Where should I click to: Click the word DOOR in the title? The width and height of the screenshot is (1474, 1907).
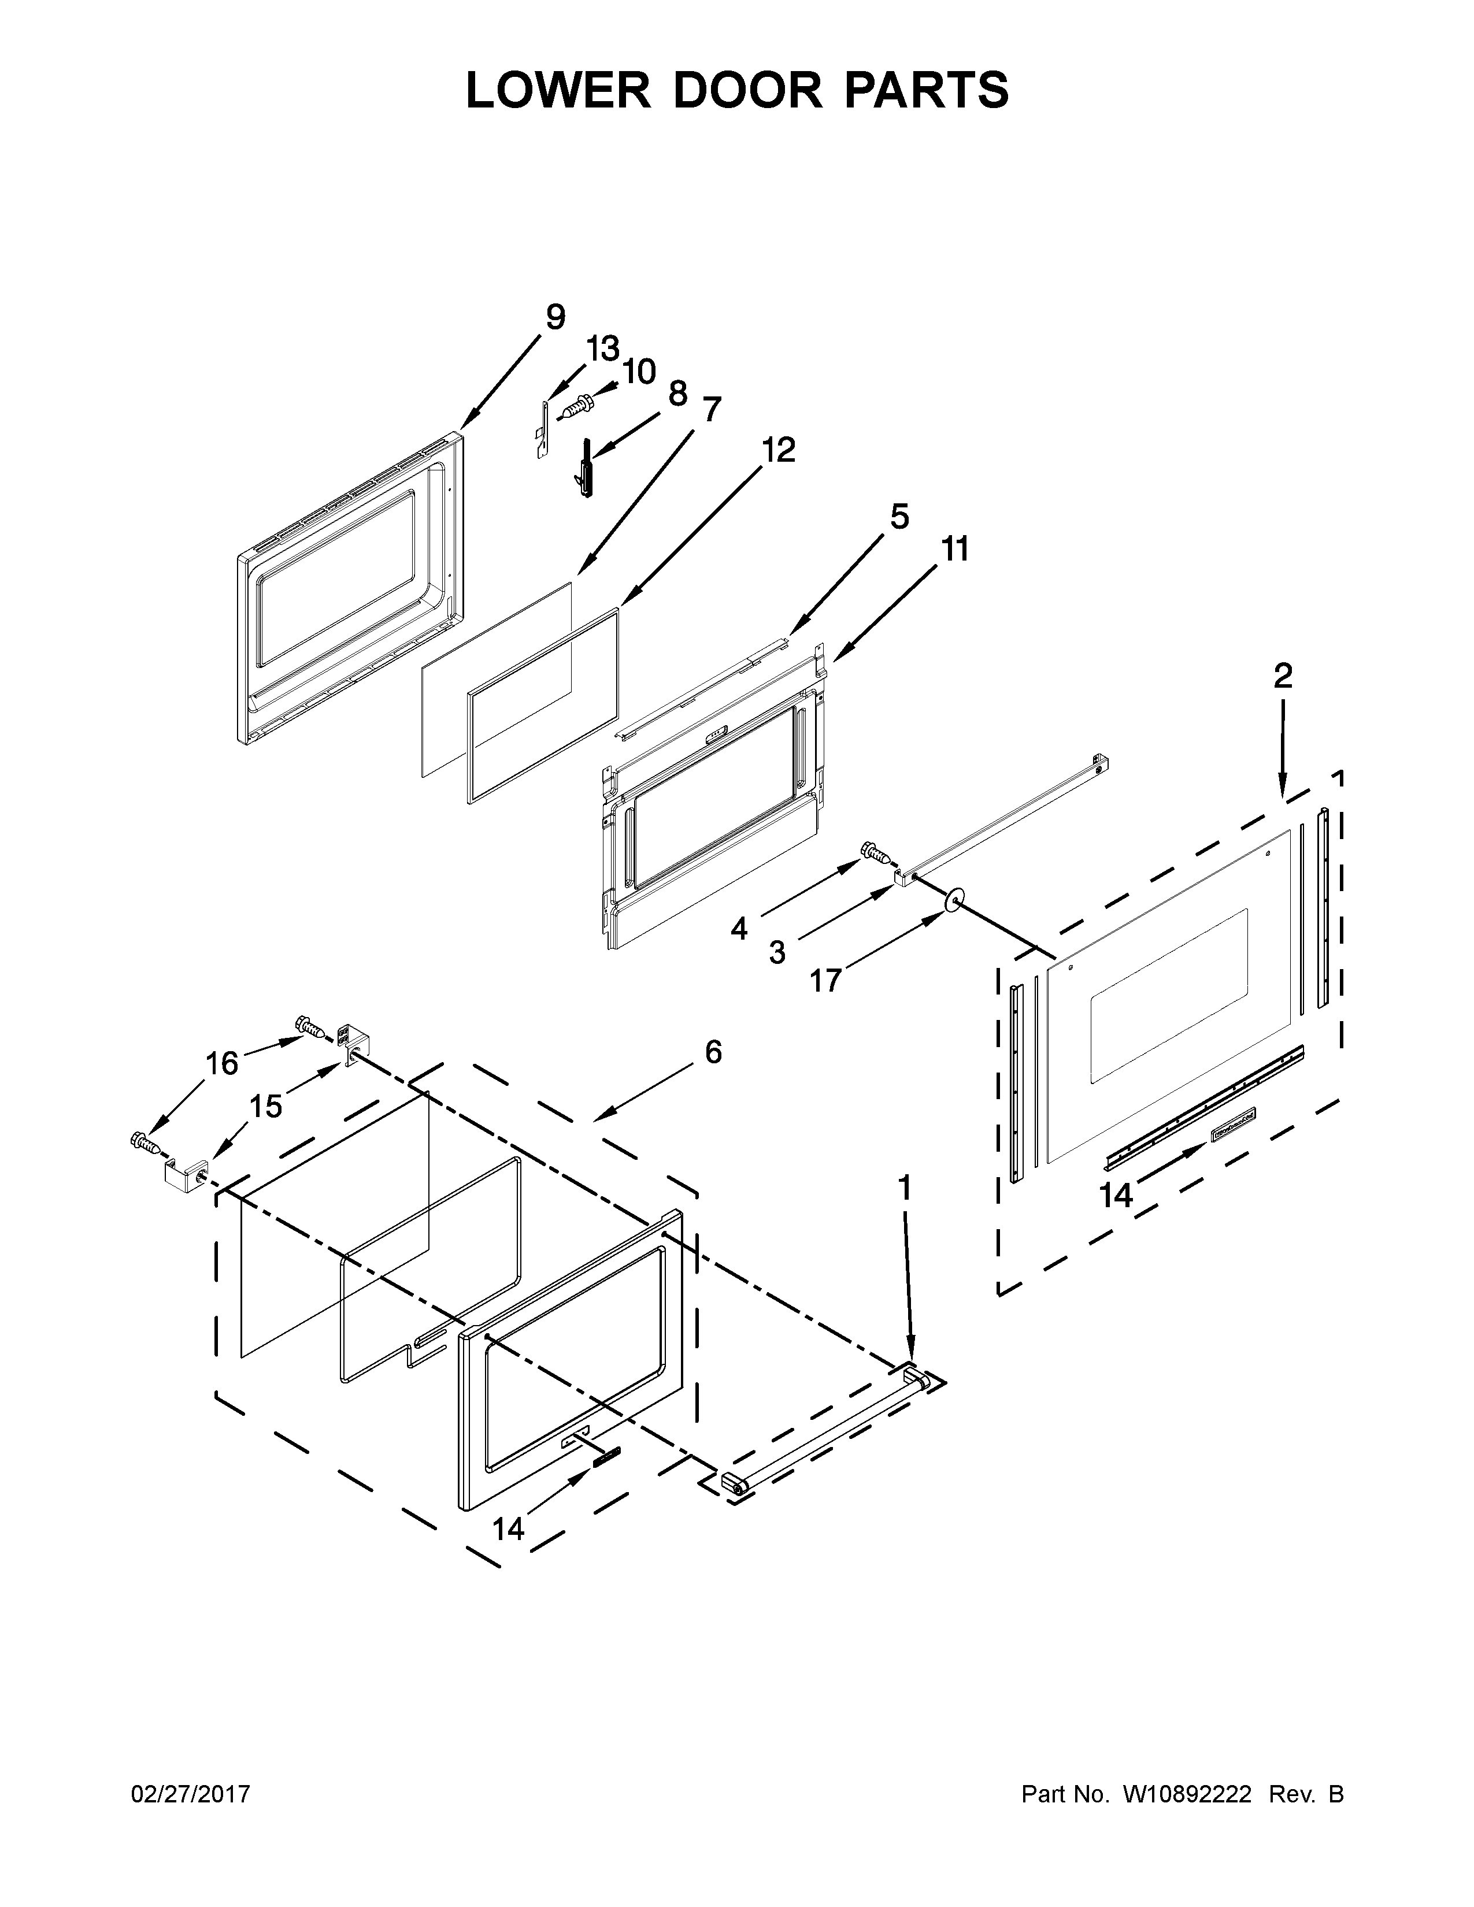click(747, 91)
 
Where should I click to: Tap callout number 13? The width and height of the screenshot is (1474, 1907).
click(602, 348)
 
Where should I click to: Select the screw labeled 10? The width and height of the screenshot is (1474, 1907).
click(578, 406)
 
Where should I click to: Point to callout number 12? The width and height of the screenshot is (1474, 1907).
click(778, 451)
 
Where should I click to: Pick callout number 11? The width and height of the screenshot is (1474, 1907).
click(955, 550)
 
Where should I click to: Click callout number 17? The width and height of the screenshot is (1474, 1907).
click(825, 981)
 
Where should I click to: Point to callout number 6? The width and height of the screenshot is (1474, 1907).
click(713, 1052)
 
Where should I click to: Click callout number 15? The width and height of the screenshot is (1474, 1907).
click(265, 1106)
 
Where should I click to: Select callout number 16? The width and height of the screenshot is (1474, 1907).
click(222, 1063)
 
